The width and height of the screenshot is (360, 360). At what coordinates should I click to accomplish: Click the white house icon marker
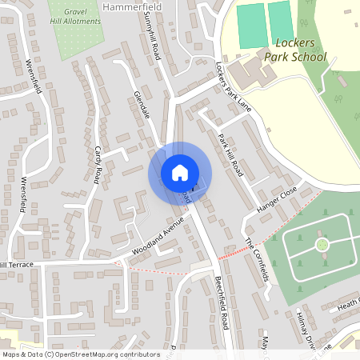tap(180, 173)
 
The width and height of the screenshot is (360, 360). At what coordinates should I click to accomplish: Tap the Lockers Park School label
tap(295, 50)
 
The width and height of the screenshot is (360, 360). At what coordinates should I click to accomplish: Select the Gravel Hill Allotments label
tap(75, 18)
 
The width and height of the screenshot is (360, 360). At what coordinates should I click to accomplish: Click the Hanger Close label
tap(277, 199)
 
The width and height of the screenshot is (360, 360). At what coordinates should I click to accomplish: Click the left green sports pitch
tap(251, 26)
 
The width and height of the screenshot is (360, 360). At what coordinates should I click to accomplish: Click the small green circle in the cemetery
tap(322, 244)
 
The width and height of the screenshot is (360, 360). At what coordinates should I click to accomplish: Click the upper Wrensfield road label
tap(34, 76)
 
